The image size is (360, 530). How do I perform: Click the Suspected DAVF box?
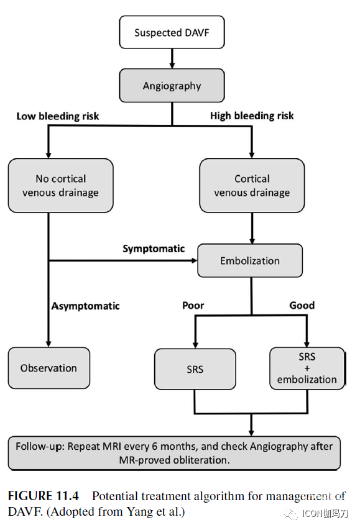pos(172,32)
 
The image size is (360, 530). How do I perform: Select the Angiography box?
pos(172,86)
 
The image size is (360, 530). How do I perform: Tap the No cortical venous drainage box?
pos(60,186)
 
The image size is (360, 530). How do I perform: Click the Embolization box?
pos(250,260)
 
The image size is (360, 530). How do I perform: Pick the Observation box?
pos(49,368)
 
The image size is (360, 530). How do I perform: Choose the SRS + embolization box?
pos(307,368)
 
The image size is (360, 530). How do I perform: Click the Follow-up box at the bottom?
pos(174,453)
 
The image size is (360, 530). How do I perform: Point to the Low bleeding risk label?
pos(58,116)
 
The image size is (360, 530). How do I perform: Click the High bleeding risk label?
pos(252,116)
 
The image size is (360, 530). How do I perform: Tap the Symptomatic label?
pos(154,249)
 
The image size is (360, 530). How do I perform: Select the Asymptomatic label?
pos(86,306)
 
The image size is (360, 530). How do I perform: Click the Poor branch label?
pos(193,306)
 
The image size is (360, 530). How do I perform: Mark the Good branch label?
pos(302,305)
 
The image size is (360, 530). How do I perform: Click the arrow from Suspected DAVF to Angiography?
pos(172,58)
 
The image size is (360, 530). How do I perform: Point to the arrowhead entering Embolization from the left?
pos(194,260)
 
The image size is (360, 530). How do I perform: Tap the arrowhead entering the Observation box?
pos(48,344)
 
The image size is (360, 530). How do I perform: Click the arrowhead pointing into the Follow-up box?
pos(251,433)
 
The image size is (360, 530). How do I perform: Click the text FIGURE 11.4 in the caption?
pos(44,496)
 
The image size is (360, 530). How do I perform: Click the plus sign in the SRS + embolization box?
pos(307,368)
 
